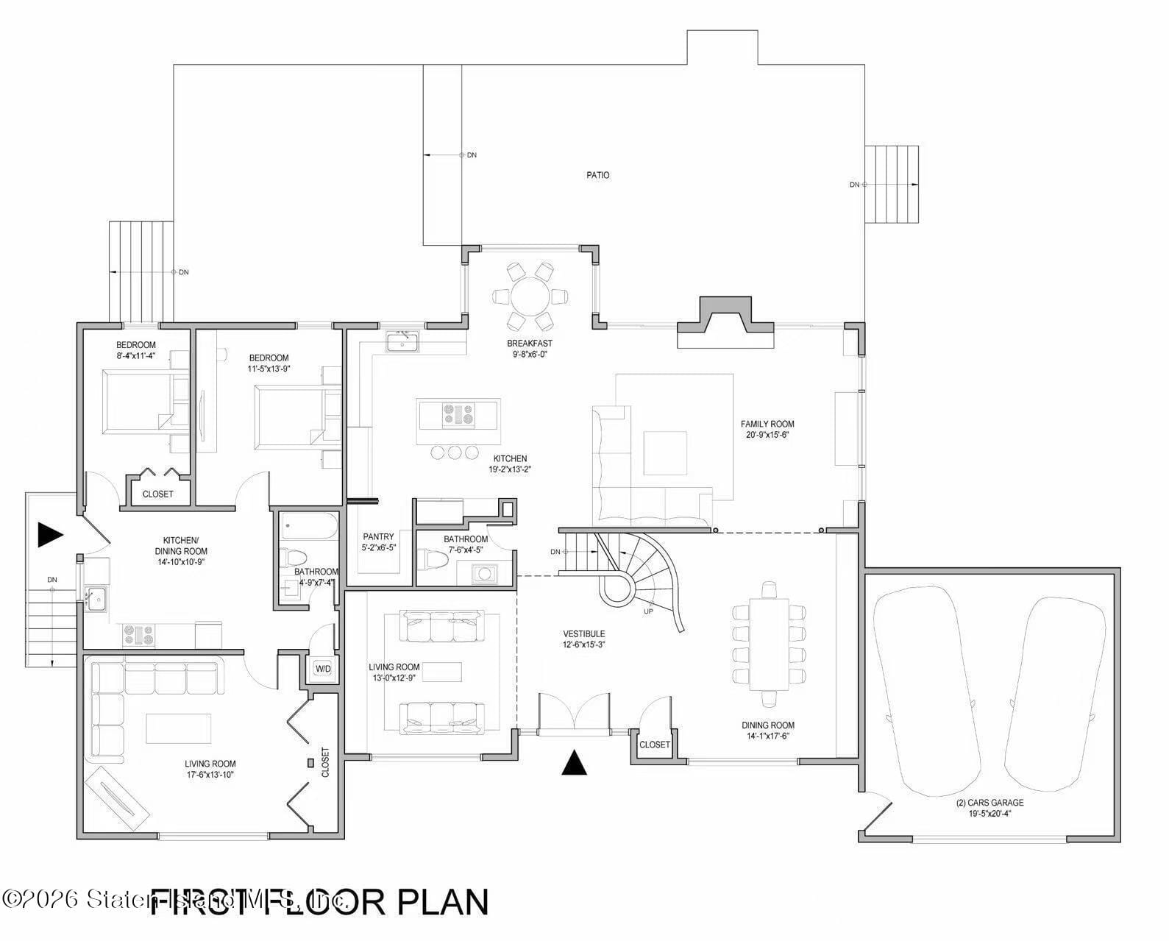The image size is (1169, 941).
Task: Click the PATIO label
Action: tap(597, 175)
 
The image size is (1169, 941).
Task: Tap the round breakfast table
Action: tap(530, 296)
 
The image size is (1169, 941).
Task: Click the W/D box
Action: tap(322, 669)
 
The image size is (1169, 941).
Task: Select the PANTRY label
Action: tap(378, 536)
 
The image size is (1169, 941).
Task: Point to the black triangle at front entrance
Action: tap(574, 763)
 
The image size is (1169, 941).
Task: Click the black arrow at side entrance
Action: tap(50, 535)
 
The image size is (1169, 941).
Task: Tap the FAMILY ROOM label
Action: tap(767, 424)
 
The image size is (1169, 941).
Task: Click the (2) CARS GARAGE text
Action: tap(989, 803)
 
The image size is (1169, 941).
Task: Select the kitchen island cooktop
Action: tap(458, 416)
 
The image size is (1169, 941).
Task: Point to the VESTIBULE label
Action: tap(583, 633)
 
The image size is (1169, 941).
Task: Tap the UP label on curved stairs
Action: tap(647, 611)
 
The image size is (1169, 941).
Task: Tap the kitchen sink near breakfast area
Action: tap(402, 342)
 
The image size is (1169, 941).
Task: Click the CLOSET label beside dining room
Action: tap(654, 745)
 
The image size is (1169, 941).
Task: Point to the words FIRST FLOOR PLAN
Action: tap(319, 902)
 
